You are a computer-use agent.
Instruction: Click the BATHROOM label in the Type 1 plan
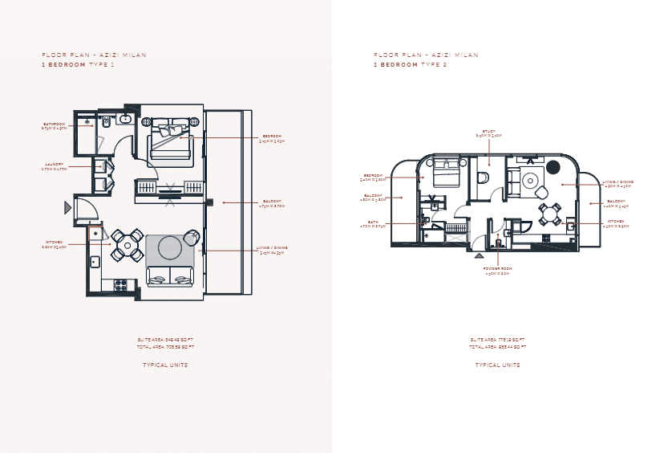(55, 124)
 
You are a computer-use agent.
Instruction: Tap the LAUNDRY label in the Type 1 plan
(55, 164)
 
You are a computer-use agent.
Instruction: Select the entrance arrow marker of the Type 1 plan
(67, 207)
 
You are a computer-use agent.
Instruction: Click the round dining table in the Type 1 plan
(127, 245)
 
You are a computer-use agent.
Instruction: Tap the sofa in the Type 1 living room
(170, 275)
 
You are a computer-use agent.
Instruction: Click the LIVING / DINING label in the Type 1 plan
(272, 248)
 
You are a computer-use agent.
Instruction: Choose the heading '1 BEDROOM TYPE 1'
(78, 64)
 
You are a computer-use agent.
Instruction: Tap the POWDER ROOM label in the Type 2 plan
(497, 268)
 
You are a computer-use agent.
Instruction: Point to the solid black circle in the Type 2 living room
(553, 167)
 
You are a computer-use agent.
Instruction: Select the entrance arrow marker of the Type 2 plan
(480, 255)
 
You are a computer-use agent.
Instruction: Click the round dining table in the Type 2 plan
(549, 214)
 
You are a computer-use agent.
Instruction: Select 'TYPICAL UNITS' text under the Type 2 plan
(497, 365)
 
